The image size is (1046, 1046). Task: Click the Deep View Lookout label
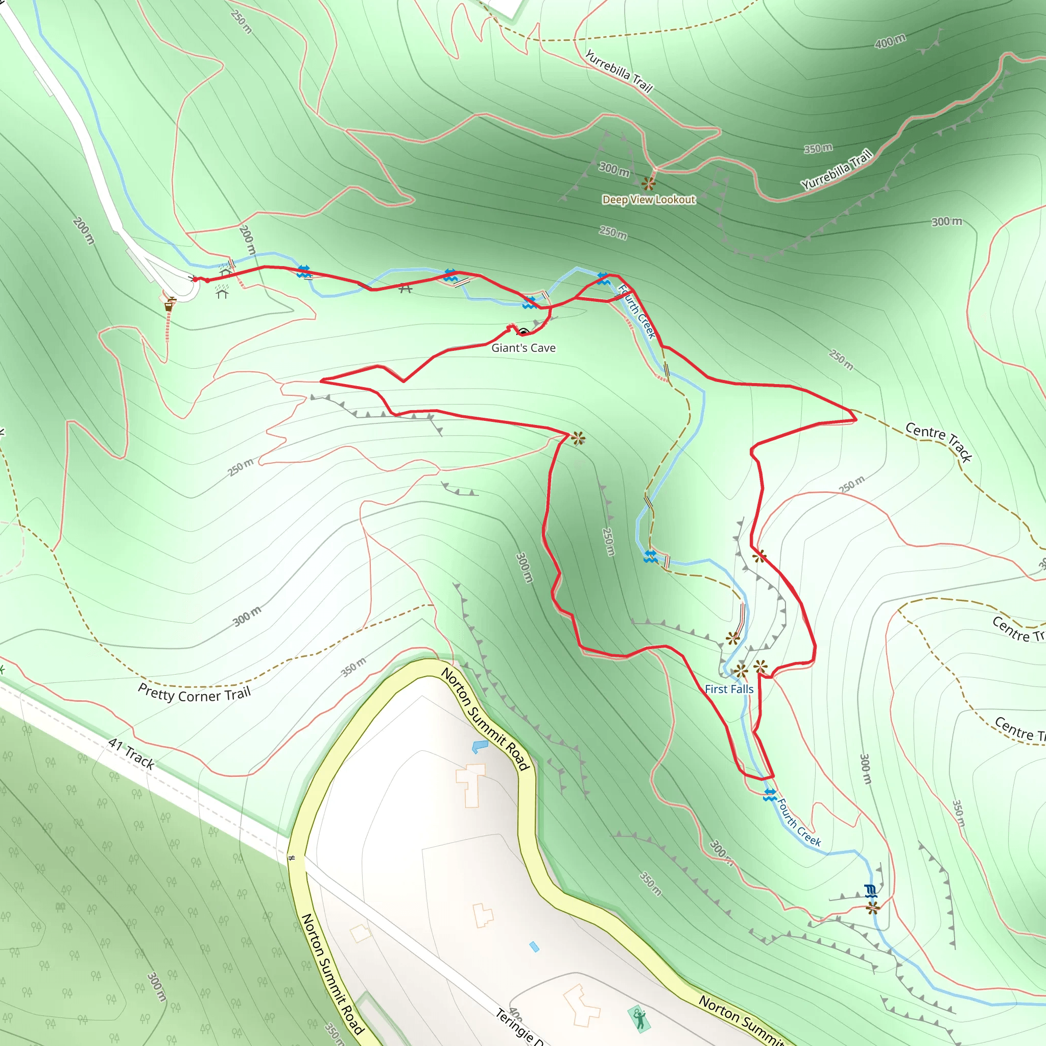click(649, 200)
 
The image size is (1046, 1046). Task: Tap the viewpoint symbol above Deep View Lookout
click(649, 183)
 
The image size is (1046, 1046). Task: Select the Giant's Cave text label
click(523, 348)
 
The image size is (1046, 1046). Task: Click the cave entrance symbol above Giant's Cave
click(523, 331)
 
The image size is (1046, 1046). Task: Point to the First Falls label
click(729, 689)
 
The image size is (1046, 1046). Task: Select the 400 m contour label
click(890, 41)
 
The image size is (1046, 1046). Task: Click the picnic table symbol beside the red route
click(406, 289)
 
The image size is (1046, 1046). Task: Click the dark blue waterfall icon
click(871, 890)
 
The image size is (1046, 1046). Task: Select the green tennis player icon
click(639, 1018)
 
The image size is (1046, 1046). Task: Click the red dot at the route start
click(207, 280)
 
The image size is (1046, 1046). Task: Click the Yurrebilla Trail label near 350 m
click(837, 170)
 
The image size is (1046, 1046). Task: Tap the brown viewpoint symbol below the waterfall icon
click(872, 908)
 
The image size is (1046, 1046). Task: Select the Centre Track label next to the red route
click(939, 442)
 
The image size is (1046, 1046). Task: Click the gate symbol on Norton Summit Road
click(291, 858)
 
